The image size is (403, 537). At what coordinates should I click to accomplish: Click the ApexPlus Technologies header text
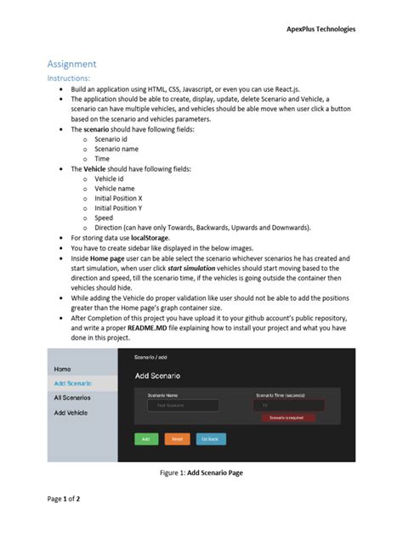click(321, 29)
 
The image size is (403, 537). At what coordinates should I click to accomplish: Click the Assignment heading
click(71, 64)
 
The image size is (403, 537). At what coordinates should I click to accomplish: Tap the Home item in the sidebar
click(63, 370)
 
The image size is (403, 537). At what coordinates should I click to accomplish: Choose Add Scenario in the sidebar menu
click(72, 383)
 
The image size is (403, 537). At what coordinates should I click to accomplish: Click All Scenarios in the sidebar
click(73, 398)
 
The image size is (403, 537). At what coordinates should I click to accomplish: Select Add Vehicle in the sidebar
click(71, 412)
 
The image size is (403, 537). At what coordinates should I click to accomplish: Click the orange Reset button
click(177, 439)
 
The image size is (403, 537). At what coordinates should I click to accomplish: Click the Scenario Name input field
click(177, 406)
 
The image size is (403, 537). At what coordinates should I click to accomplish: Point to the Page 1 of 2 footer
click(64, 499)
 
